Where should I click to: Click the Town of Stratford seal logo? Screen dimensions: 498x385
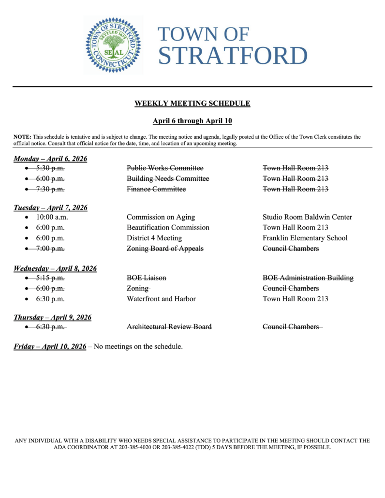[113, 45]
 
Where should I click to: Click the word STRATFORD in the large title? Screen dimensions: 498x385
[233, 56]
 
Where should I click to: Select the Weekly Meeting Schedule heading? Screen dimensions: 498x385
[192, 103]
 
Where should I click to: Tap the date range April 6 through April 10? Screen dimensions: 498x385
[192, 121]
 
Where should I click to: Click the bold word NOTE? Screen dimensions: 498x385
[22, 137]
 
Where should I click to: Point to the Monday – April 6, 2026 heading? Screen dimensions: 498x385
[50, 159]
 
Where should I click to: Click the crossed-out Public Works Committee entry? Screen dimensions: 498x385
[165, 168]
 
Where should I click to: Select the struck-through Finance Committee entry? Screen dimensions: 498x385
[156, 189]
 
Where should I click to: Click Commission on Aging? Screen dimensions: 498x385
[161, 217]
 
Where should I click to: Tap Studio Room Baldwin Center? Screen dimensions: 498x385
[307, 217]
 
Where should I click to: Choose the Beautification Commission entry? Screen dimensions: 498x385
[168, 227]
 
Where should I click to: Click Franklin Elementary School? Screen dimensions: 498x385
[305, 238]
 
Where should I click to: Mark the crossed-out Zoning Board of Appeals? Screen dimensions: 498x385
[165, 249]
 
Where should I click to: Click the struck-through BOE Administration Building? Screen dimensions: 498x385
[308, 278]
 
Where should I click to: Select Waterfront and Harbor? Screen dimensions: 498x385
[161, 299]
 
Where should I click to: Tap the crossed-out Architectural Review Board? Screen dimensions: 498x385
[169, 327]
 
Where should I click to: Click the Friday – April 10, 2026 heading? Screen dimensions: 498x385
[50, 346]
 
